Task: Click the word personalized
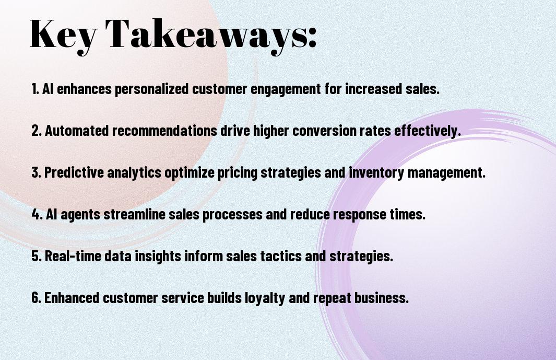(151, 89)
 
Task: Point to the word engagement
(286, 89)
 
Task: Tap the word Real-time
(73, 256)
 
